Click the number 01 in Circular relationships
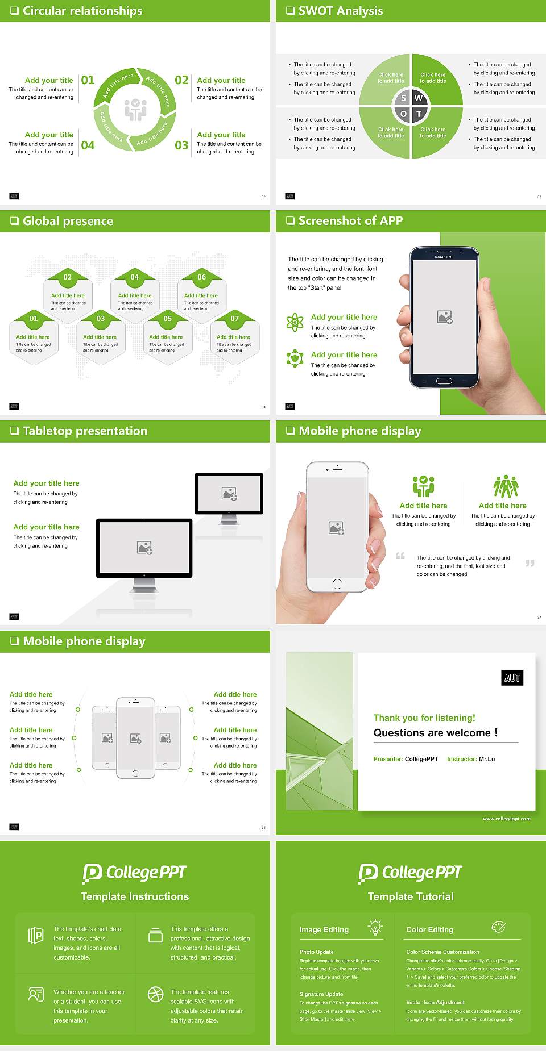(x=88, y=80)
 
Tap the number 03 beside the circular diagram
(x=181, y=145)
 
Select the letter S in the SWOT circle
(x=403, y=98)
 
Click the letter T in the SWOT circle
(x=419, y=114)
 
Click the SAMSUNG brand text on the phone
(x=444, y=257)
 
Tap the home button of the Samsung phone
(x=444, y=381)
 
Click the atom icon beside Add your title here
(x=295, y=322)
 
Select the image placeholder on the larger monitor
(x=144, y=548)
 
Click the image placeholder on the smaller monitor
(x=229, y=494)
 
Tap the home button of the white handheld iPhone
(x=337, y=583)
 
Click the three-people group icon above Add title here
(x=506, y=486)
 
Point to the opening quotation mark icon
(x=400, y=556)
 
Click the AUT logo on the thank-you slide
(x=512, y=678)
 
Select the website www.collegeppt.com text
(x=506, y=819)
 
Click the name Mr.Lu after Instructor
(x=487, y=759)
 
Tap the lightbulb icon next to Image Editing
(x=375, y=927)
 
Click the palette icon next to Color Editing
(x=498, y=927)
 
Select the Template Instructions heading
(x=135, y=896)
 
